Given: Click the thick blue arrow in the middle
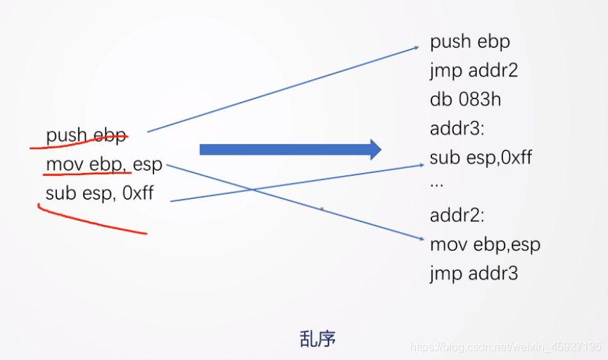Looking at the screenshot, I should tap(290, 149).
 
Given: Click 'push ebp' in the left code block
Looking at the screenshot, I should tap(86, 134).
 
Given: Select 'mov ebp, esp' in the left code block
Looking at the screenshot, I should tap(103, 165).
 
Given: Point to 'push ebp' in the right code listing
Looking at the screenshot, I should tap(470, 41).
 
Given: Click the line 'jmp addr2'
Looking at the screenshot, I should tap(474, 70).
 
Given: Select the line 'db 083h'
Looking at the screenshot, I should tap(465, 99).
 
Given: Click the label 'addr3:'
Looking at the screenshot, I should tap(453, 128).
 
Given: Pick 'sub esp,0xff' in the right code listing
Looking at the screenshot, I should tap(481, 157).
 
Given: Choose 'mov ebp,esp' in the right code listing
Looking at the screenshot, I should tap(485, 244).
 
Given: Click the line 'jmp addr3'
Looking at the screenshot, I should tap(474, 273).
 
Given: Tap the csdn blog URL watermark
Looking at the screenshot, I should tap(505, 347).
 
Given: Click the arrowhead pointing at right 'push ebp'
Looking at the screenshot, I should tap(417, 49).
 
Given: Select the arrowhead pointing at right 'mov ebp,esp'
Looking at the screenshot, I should tap(420, 240).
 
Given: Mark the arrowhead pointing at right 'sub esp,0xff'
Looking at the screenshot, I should tap(417, 166).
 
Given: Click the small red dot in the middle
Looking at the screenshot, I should tap(322, 209).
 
